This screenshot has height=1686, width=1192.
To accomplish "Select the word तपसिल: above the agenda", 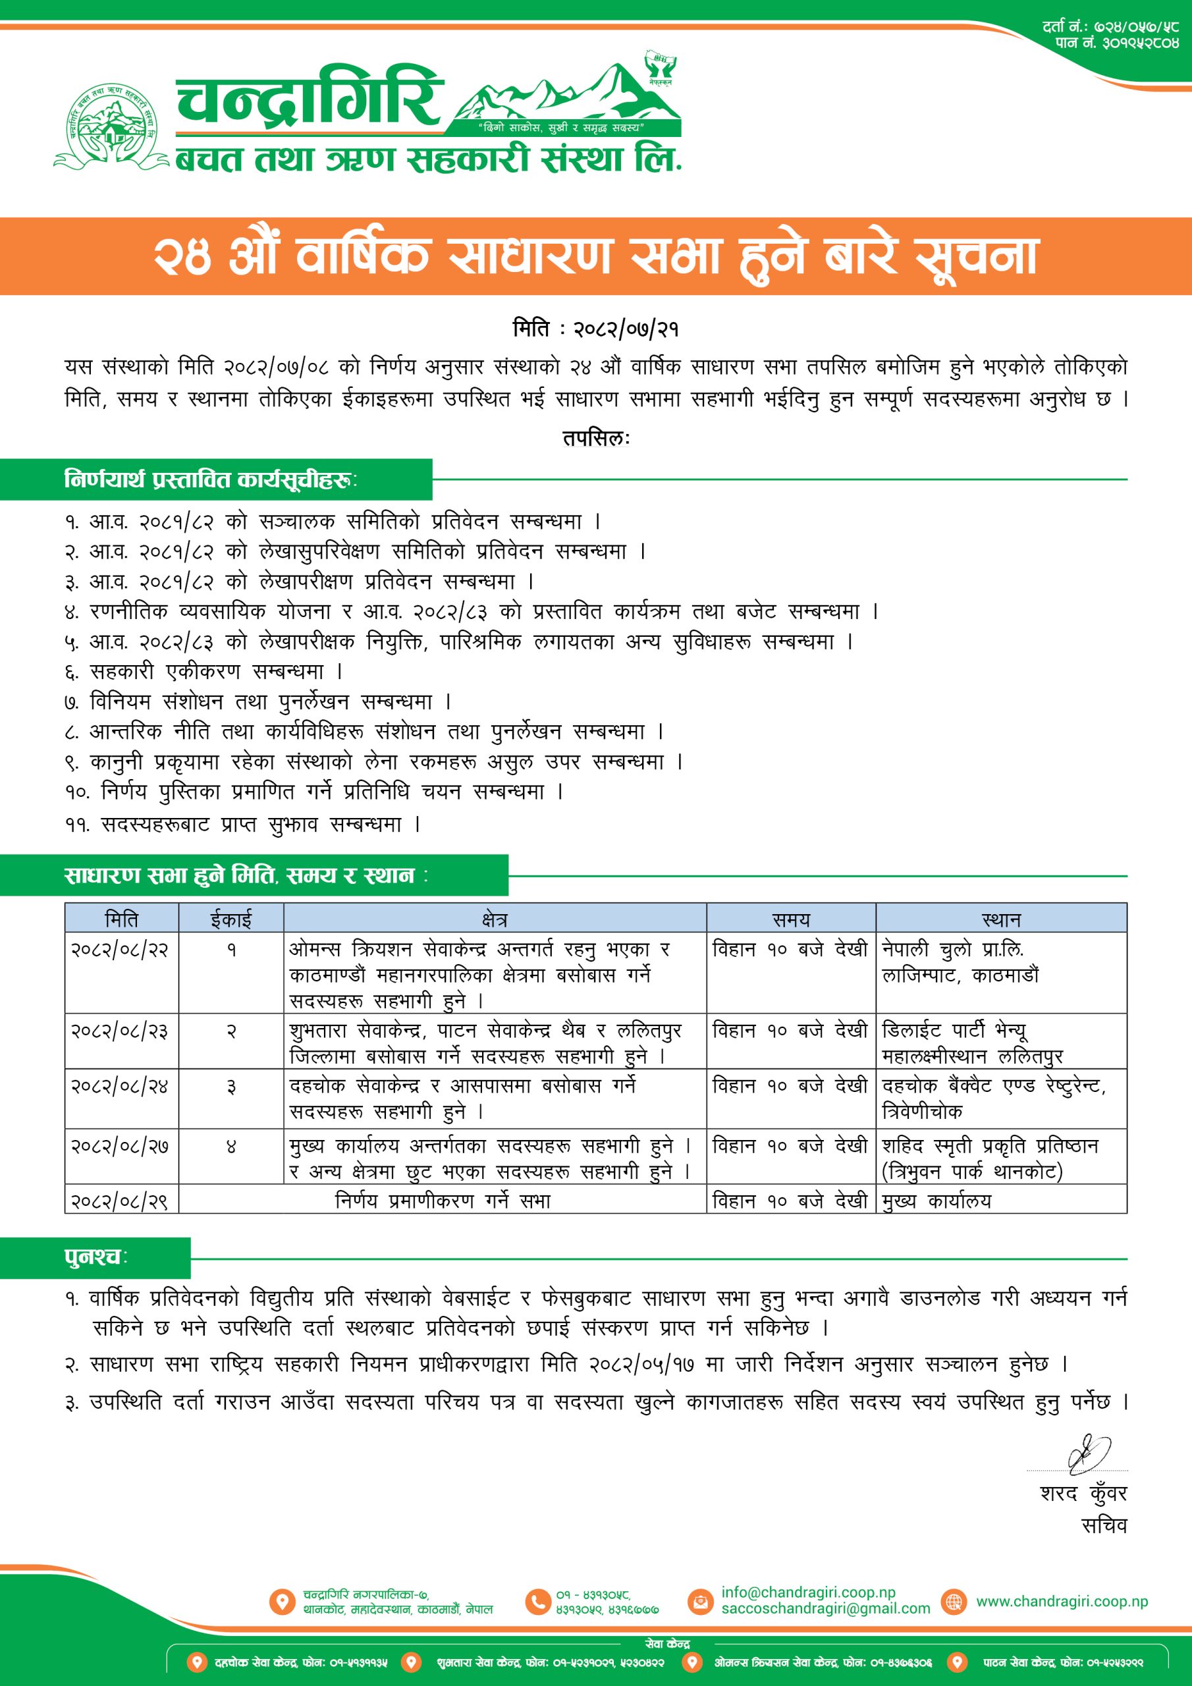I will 595,439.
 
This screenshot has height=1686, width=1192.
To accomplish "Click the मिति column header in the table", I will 121,919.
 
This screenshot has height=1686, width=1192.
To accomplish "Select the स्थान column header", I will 1000,919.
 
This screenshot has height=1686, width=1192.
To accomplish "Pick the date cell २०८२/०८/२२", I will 120,950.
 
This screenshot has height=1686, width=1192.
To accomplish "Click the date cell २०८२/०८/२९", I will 120,1201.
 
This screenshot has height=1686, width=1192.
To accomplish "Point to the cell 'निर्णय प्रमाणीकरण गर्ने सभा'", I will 442,1201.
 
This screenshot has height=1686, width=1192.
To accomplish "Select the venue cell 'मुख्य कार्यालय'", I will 936,1201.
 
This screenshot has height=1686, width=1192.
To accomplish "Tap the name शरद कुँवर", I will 1083,1494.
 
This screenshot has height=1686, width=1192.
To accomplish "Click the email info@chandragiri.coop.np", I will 808,1592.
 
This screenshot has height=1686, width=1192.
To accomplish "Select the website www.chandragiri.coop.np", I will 1061,1602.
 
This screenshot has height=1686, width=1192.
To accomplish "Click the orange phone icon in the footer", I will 537,1602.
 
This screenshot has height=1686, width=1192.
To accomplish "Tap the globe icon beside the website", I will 954,1602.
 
